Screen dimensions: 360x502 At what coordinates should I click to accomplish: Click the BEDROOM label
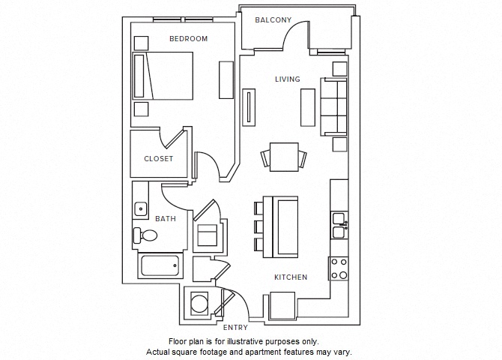click(x=188, y=38)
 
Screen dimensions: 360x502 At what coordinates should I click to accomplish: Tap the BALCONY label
click(x=273, y=20)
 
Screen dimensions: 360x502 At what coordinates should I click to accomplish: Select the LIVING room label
click(x=287, y=79)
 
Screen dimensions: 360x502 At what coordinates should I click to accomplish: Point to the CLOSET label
click(x=158, y=159)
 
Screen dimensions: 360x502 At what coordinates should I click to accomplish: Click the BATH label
click(x=166, y=219)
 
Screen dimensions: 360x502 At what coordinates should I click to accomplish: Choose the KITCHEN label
click(x=290, y=277)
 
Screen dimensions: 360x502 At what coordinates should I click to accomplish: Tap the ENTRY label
click(x=235, y=328)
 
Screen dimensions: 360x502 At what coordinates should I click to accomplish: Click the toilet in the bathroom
click(x=145, y=235)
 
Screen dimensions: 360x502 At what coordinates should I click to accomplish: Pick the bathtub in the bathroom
click(x=160, y=265)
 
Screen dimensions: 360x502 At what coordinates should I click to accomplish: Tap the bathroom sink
click(x=140, y=208)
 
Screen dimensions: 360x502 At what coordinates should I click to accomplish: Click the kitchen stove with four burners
click(x=339, y=268)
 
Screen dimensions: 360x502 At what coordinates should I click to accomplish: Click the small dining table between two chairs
click(x=284, y=157)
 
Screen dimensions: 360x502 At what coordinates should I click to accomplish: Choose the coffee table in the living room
click(x=307, y=107)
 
